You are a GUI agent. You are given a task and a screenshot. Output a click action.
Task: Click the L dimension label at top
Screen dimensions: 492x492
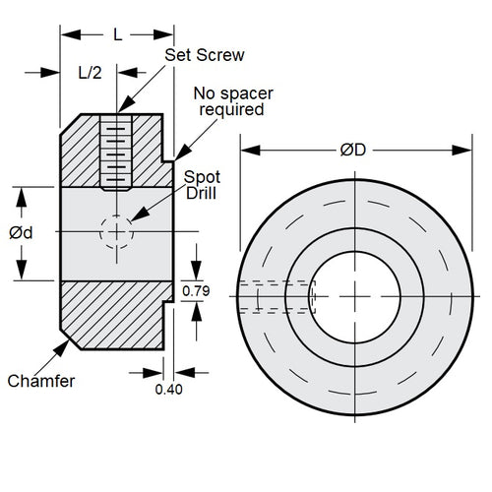pyautogui.click(x=117, y=34)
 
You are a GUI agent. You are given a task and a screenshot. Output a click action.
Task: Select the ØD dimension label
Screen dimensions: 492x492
pyautogui.click(x=353, y=151)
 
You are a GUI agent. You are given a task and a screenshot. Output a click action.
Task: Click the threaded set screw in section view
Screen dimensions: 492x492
pyautogui.click(x=117, y=153)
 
